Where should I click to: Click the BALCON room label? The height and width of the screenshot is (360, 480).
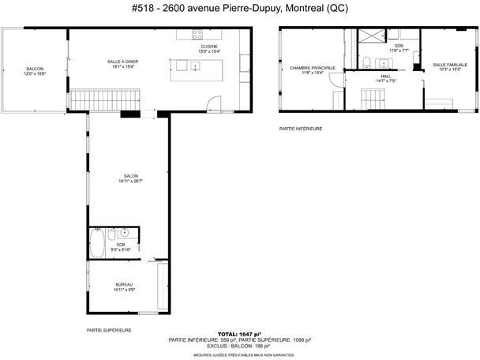pos(34,69)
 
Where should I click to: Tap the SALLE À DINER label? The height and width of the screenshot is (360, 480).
pos(122,62)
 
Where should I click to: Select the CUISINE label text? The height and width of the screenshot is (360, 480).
pos(209,47)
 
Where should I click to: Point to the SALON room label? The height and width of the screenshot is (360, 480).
pos(130,176)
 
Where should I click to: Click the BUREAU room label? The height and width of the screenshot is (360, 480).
pos(124,284)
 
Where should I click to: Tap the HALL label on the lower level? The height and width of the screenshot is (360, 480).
pos(384,76)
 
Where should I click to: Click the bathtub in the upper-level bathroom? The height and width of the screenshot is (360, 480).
pos(97,242)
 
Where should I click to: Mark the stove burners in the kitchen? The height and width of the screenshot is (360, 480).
pos(197,34)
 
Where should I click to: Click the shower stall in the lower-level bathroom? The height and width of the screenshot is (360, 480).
pos(369,37)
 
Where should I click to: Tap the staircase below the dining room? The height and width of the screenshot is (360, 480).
pos(107,99)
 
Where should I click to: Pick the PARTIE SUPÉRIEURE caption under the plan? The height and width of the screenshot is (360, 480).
pos(109,330)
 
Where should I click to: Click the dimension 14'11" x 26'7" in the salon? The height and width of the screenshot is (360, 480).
pos(130,182)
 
